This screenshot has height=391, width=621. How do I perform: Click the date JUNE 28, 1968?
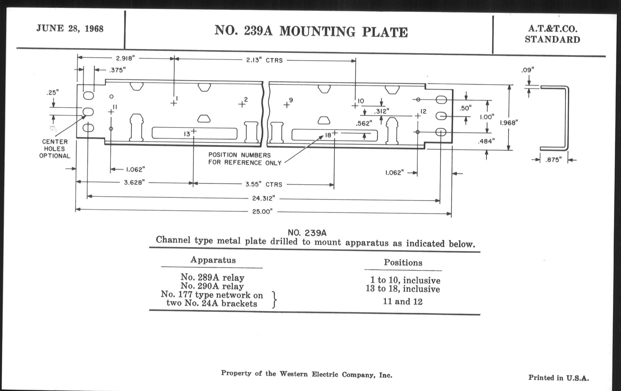point(70,29)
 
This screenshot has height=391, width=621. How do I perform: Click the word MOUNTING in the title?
point(317,32)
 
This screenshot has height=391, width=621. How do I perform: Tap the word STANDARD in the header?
point(552,40)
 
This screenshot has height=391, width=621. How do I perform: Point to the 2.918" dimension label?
point(125,58)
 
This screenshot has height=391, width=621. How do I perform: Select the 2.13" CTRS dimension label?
point(264,60)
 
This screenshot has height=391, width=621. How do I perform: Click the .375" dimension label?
point(117,70)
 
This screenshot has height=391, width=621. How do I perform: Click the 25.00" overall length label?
point(262,212)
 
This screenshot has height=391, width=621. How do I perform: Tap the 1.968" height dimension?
point(509,123)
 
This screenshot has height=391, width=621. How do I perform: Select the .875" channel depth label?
point(553,160)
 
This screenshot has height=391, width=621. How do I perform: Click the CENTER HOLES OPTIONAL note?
point(55,149)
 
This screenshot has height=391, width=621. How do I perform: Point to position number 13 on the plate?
point(187,134)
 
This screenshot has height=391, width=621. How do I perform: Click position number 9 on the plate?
point(291,100)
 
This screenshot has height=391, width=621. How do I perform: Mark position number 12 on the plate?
point(423,111)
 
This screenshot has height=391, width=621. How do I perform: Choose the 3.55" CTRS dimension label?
point(264,185)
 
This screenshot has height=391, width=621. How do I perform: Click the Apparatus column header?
point(213,260)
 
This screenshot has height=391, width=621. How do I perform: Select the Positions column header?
point(403,262)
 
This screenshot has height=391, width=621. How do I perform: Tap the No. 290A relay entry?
point(212,286)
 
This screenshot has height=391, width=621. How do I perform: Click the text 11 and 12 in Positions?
point(403,302)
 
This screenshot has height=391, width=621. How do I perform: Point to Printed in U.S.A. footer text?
point(559,378)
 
